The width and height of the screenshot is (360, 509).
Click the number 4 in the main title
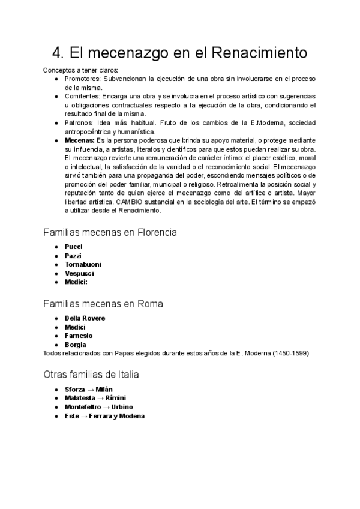coord(58,53)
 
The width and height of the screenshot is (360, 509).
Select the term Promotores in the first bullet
coord(82,79)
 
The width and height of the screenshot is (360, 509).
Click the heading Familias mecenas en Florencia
coord(109,232)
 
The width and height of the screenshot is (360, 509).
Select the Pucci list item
coord(73,247)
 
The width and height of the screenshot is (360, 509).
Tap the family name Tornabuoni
coord(83,264)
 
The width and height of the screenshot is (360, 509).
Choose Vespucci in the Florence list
coord(79,273)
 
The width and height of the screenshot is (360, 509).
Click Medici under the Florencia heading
coord(76,282)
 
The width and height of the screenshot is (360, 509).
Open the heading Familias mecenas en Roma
coord(103,304)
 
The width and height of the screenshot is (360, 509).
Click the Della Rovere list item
coord(85,318)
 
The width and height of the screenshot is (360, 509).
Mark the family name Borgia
coord(76,345)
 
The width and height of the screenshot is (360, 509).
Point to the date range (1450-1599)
coord(290,353)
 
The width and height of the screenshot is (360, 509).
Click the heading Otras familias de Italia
coord(91,375)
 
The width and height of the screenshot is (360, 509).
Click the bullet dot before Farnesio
coord(56,336)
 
